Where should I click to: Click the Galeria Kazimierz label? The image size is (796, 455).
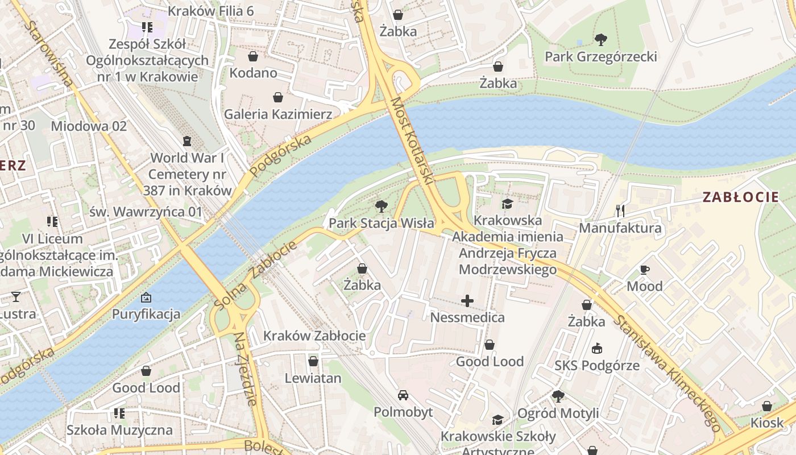click(278, 114)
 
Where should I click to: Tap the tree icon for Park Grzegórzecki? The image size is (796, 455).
click(600, 39)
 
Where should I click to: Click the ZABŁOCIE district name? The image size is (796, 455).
click(740, 197)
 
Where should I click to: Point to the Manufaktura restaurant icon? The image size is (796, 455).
click(620, 211)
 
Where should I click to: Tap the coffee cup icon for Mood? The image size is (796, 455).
click(644, 270)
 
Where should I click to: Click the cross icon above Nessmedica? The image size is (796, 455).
click(467, 300)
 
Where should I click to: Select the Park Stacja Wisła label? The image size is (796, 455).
click(381, 224)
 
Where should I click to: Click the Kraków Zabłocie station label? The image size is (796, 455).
click(314, 336)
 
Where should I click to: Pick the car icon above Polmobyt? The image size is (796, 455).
click(403, 395)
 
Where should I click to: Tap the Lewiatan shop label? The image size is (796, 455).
click(313, 378)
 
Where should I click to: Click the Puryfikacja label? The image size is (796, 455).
click(146, 314)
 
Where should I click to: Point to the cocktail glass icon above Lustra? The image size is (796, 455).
click(15, 296)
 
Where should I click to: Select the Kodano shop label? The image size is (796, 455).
click(253, 73)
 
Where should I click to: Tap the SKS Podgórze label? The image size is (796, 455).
click(597, 366)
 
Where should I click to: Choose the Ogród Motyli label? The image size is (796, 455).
click(558, 413)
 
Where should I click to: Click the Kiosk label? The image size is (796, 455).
click(766, 423)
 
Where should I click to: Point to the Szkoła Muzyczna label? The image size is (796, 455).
click(119, 430)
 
